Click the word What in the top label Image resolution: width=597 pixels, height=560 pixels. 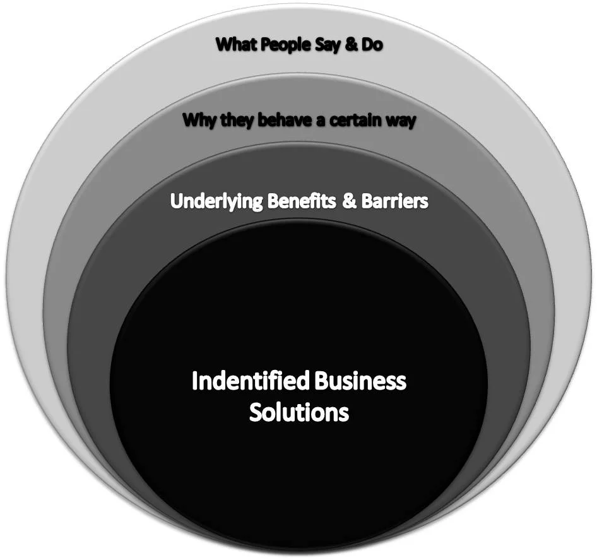click(x=235, y=45)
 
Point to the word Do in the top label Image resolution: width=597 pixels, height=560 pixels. click(x=371, y=45)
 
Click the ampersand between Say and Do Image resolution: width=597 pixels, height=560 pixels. click(x=351, y=45)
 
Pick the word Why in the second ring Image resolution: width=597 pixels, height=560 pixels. click(x=198, y=120)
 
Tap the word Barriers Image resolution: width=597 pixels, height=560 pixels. click(x=394, y=201)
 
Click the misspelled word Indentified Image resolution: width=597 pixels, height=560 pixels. click(x=251, y=382)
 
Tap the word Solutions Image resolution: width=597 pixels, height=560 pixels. click(x=298, y=412)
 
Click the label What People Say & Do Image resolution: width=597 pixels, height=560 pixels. click(x=299, y=45)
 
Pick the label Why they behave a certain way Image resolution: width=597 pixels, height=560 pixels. click(x=299, y=120)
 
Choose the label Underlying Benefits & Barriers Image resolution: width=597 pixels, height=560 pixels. click(x=299, y=201)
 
